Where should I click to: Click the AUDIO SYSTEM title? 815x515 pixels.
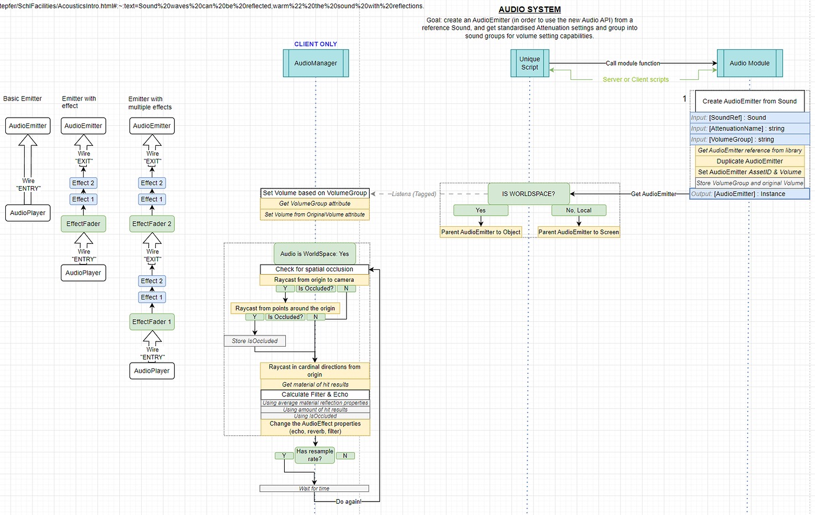529,9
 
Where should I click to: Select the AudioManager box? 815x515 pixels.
315,63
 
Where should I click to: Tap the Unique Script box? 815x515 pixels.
529,63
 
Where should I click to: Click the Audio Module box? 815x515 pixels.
749,63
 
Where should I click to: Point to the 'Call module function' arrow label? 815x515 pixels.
633,63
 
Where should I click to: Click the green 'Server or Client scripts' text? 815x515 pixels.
635,80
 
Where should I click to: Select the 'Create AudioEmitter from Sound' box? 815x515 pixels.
749,101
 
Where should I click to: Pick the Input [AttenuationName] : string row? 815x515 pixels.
749,129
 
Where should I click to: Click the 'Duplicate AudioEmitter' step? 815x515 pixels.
749,161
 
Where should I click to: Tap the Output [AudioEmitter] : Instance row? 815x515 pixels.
749,194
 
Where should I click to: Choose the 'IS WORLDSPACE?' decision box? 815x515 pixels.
528,194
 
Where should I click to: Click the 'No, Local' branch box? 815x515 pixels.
578,210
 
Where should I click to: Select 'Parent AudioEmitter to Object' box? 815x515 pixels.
481,232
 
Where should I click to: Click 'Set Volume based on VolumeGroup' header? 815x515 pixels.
315,193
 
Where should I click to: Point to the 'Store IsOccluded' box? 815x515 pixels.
255,341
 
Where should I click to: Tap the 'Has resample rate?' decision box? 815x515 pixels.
315,455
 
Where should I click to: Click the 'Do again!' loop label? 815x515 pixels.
348,501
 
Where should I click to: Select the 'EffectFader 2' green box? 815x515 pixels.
152,224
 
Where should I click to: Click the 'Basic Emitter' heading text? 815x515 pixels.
22,99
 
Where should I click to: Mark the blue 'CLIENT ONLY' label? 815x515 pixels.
315,44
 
